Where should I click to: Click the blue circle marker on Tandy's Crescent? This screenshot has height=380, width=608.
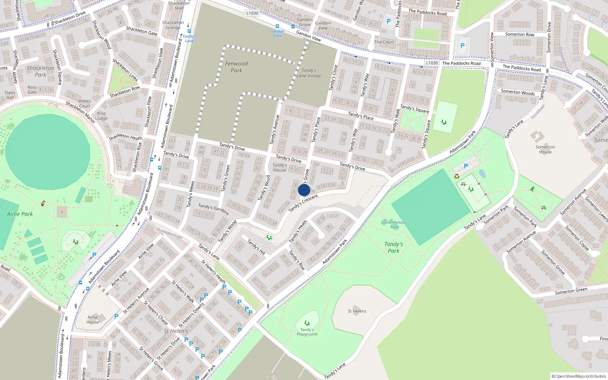pyautogui.click(x=304, y=190)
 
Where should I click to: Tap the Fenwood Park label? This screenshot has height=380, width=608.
pyautogui.click(x=236, y=67)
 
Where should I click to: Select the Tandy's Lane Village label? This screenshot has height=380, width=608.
pyautogui.click(x=309, y=73)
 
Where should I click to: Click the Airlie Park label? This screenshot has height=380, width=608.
pyautogui.click(x=20, y=214)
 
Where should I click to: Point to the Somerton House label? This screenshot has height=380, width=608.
pyautogui.click(x=545, y=149)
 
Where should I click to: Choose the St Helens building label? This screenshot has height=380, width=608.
pyautogui.click(x=357, y=311)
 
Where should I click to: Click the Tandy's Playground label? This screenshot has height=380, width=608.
pyautogui.click(x=307, y=332)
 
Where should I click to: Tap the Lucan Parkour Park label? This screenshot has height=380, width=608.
pyautogui.click(x=394, y=225)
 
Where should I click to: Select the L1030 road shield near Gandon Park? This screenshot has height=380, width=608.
pyautogui.click(x=252, y=13)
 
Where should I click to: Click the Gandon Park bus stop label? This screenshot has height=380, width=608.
pyautogui.click(x=277, y=33)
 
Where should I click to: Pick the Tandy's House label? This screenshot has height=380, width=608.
pyautogui.click(x=280, y=168)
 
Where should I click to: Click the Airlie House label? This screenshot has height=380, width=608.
pyautogui.click(x=93, y=320)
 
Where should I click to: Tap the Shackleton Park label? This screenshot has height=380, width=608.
pyautogui.click(x=40, y=71)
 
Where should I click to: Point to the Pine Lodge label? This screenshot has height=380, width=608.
pyautogui.click(x=101, y=116)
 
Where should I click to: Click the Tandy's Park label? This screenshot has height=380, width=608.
pyautogui.click(x=393, y=247)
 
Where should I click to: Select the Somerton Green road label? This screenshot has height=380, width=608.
pyautogui.click(x=571, y=291)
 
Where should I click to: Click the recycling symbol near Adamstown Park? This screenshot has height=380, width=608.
pyautogui.click(x=457, y=176)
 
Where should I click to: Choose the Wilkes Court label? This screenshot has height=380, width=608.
pyautogui.click(x=84, y=104)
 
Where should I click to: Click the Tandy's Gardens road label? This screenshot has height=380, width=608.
pyautogui.click(x=214, y=209)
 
